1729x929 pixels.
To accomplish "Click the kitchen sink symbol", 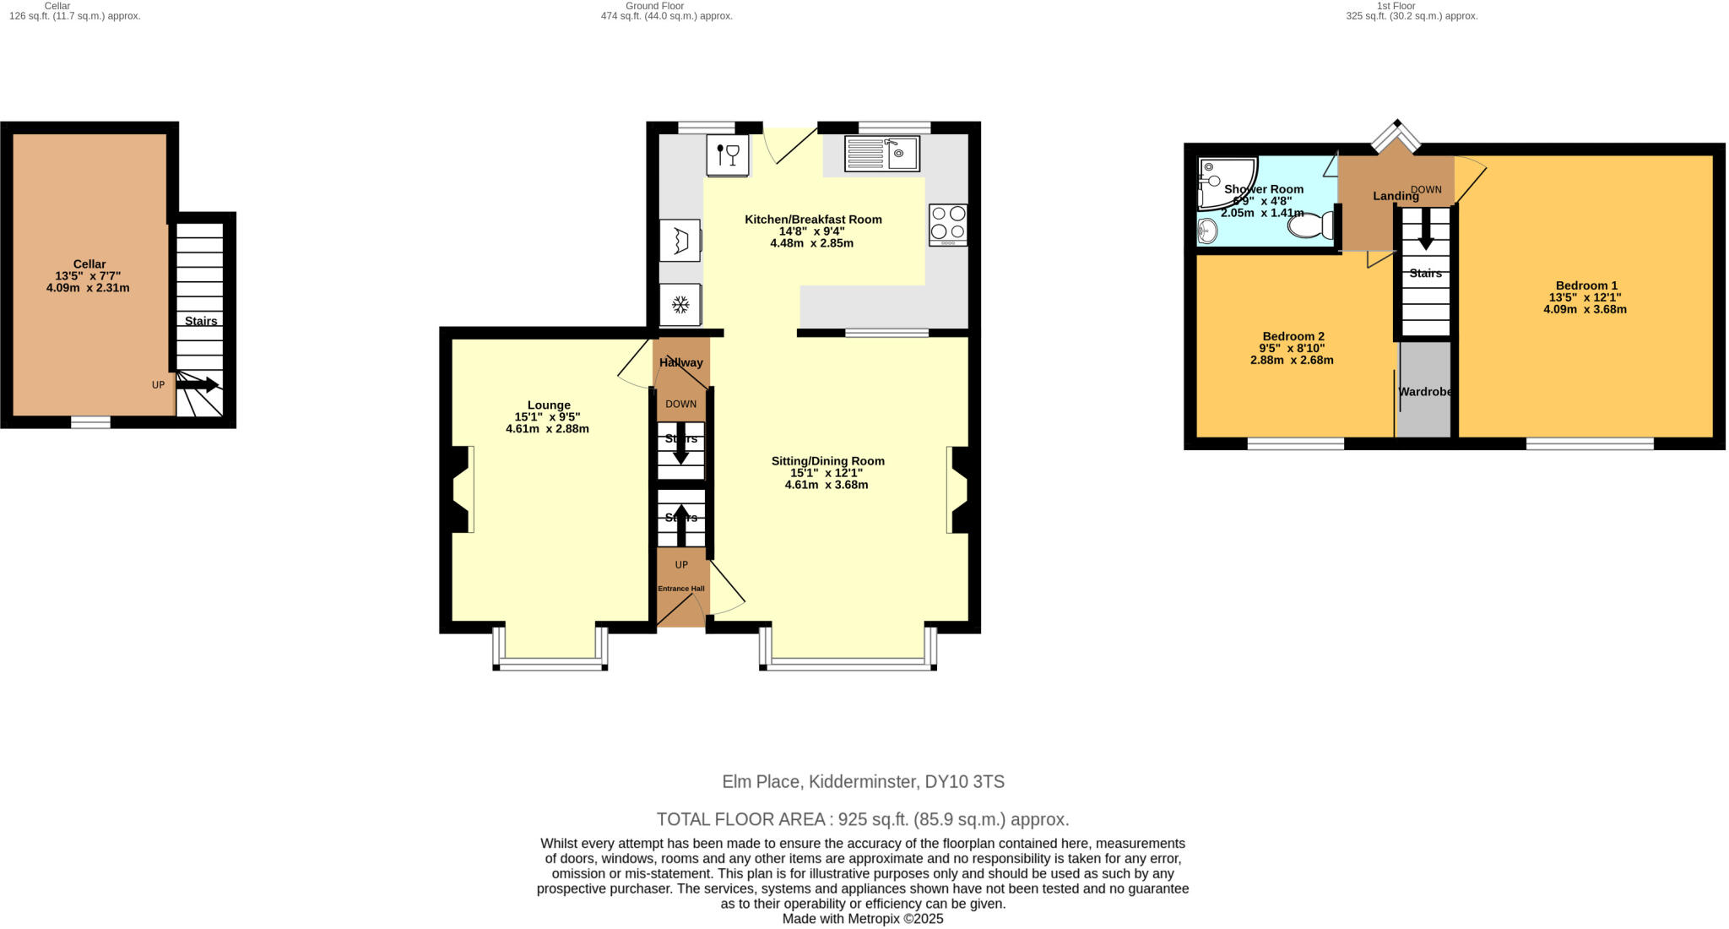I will tap(882, 154).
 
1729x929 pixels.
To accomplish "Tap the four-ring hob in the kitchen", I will tap(948, 225).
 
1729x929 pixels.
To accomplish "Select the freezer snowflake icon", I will tap(680, 304).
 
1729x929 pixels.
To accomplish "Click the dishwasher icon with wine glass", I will tap(728, 155).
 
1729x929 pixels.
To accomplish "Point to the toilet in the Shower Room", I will tap(1311, 225).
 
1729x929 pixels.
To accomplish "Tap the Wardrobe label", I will tap(1425, 392).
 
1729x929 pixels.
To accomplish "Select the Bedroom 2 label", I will tap(1293, 336).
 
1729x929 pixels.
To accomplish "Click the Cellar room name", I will tap(89, 264).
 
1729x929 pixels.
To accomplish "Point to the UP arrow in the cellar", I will tap(198, 385).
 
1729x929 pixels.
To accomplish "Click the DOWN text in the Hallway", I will tap(680, 404).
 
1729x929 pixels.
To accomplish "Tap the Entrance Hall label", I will tap(681, 589).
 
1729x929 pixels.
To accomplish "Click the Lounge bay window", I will tap(550, 665).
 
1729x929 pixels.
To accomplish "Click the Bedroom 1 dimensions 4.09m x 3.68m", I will tap(1585, 309).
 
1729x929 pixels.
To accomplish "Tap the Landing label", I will tap(1395, 196).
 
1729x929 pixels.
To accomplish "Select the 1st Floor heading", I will tap(1396, 6).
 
